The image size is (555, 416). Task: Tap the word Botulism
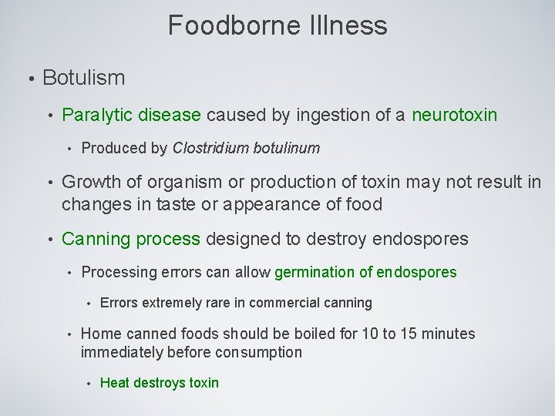click(84, 78)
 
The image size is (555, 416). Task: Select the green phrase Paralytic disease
click(131, 116)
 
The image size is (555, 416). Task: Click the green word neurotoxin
click(455, 116)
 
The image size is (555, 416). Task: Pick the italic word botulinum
click(285, 148)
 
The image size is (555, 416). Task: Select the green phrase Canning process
click(130, 239)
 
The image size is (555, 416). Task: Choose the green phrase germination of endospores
click(365, 272)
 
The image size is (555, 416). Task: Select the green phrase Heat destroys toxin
click(160, 383)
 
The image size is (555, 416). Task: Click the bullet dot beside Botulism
click(30, 79)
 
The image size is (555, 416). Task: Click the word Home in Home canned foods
click(99, 334)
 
